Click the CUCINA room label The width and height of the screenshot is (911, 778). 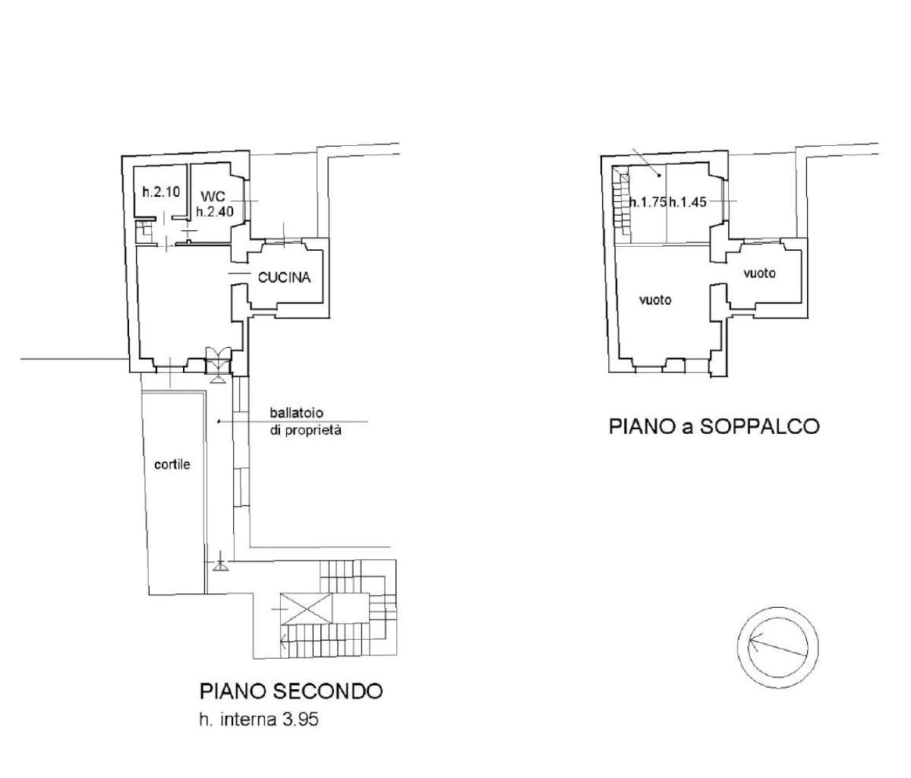click(x=284, y=277)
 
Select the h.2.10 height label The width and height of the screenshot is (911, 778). click(x=161, y=192)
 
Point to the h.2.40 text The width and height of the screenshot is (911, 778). click(x=215, y=212)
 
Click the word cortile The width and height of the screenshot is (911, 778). click(x=172, y=464)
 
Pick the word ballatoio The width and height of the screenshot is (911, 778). click(x=297, y=413)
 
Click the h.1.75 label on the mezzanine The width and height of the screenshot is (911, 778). click(x=648, y=202)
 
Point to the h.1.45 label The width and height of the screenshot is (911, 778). click(x=688, y=202)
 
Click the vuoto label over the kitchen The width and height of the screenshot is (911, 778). click(x=760, y=274)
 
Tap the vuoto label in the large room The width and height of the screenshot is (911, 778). click(x=655, y=300)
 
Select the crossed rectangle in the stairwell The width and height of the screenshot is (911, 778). click(x=306, y=609)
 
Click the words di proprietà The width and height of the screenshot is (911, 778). click(x=305, y=431)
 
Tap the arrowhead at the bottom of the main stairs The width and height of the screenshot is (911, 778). click(x=284, y=639)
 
